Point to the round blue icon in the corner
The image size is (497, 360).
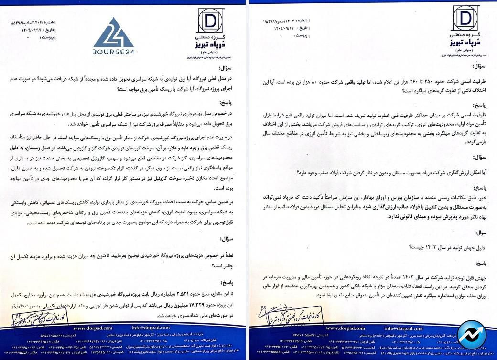(x=471, y=335)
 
